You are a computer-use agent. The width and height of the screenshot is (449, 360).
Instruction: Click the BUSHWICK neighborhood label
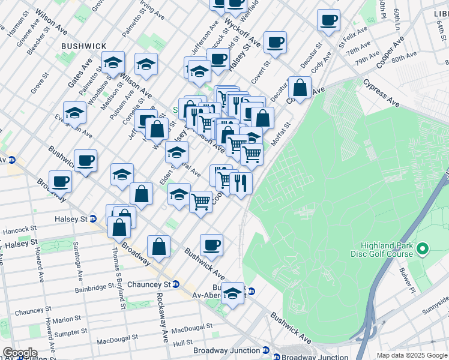coord(84,46)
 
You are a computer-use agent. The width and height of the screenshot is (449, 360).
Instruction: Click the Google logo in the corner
coord(20,353)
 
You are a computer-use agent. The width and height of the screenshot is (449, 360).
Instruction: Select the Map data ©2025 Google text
coord(412,355)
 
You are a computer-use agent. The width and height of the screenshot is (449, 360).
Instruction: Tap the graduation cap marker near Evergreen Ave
coord(74,112)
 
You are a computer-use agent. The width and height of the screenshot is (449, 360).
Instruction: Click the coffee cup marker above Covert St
coord(275,42)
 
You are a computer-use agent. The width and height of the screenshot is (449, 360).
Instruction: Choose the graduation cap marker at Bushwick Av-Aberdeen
coord(233,293)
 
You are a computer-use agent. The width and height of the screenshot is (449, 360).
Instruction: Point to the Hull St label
coord(182,343)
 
